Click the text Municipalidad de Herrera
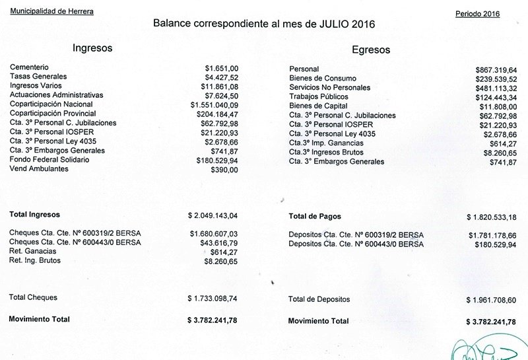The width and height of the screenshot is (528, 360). tap(52, 12)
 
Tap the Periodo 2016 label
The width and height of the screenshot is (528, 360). tap(477, 14)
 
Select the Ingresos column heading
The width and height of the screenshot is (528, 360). tap(92, 48)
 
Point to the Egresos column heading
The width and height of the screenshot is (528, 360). tap(371, 50)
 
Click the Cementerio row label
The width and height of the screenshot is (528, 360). tap(29, 67)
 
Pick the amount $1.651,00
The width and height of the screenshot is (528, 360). tap(222, 67)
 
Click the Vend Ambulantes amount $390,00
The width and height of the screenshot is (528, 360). tap(224, 170)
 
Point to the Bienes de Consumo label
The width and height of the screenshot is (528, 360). tap(323, 79)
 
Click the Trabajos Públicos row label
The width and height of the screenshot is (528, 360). tap(319, 97)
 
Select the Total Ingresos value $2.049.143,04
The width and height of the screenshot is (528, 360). tap(213, 215)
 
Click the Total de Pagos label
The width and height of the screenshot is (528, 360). tap(315, 217)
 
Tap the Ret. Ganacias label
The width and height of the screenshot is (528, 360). tap(32, 252)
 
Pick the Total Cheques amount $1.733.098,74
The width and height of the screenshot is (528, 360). tap(213, 299)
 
